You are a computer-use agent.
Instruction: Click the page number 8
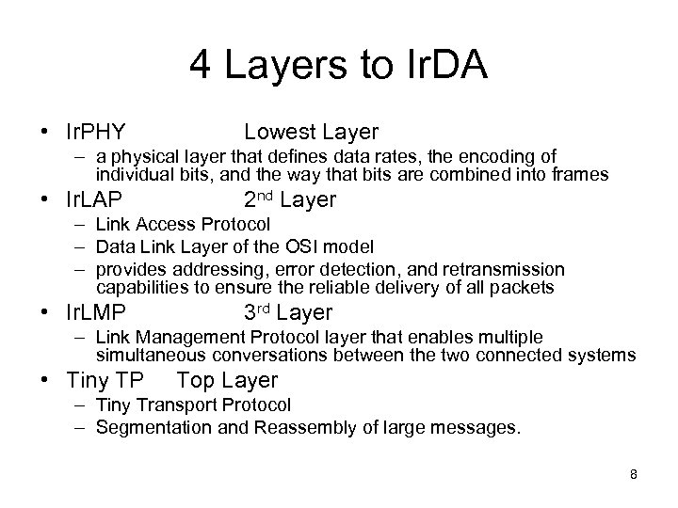pos(634,474)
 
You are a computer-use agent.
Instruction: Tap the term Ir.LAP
pos(96,200)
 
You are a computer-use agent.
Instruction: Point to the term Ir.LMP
pos(97,312)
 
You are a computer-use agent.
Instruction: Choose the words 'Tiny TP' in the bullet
pos(106,380)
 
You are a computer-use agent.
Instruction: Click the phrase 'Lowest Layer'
pos(311,131)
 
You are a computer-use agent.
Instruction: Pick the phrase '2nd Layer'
pos(289,200)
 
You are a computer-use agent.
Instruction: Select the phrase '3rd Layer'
pos(288,312)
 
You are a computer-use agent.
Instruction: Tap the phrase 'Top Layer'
pos(227,380)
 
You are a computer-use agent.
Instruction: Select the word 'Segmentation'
pos(148,427)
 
